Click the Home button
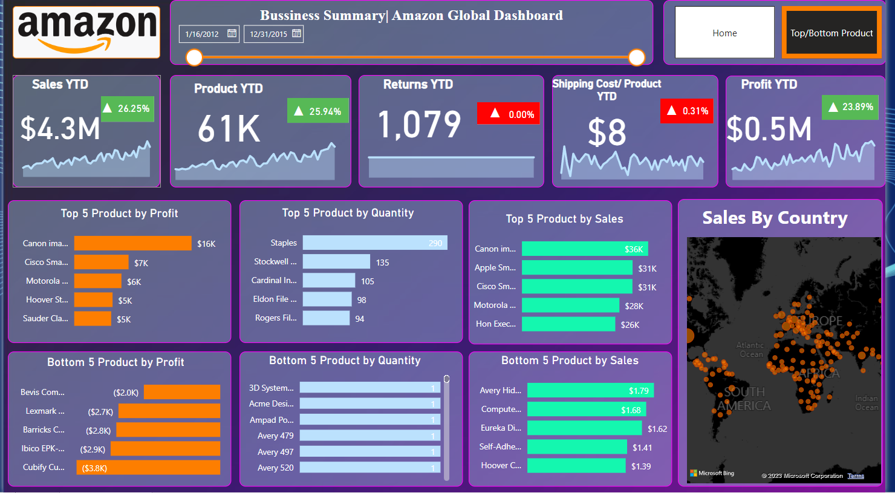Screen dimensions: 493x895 click(x=724, y=33)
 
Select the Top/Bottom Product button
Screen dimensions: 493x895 click(x=832, y=33)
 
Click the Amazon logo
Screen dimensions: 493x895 click(x=86, y=32)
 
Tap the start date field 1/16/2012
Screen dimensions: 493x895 click(x=202, y=34)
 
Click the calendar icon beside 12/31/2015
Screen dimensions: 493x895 click(x=296, y=34)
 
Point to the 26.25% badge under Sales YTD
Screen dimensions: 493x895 click(x=127, y=109)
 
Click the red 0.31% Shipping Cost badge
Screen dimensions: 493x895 click(x=687, y=111)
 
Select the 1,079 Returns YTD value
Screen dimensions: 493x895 click(x=419, y=125)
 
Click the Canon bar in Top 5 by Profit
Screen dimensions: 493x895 click(x=132, y=243)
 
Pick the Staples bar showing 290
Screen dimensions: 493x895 click(x=375, y=243)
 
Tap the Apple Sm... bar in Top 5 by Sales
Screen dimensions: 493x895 click(x=577, y=267)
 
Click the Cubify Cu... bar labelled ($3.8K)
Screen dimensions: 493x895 click(x=148, y=468)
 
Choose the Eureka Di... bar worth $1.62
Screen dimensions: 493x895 click(x=584, y=428)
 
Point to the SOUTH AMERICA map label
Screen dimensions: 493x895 click(x=744, y=399)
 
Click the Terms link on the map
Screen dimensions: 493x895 click(x=856, y=476)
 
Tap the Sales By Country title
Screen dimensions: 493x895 click(x=775, y=218)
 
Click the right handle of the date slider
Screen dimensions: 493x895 click(x=637, y=57)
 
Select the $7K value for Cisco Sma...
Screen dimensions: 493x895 click(x=141, y=263)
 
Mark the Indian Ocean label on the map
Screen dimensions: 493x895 click(x=867, y=403)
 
